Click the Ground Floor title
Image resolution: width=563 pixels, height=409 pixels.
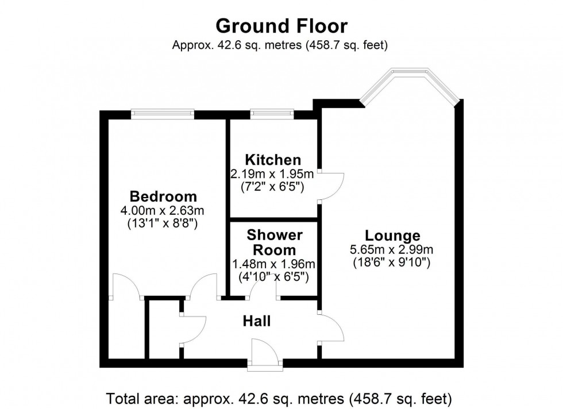(x=281, y=26)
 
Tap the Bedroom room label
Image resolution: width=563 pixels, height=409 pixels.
(x=163, y=196)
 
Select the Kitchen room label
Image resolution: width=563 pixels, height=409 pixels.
(x=273, y=160)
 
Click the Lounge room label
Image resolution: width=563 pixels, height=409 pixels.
(x=392, y=236)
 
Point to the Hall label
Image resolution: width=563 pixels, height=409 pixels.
(x=257, y=321)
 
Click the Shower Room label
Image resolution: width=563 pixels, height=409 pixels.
(x=274, y=242)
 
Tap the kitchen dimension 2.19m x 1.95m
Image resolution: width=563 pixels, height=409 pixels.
(x=273, y=173)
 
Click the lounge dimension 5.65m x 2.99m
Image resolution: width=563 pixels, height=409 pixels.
(x=392, y=249)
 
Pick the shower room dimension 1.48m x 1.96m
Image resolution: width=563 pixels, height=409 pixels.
(x=274, y=264)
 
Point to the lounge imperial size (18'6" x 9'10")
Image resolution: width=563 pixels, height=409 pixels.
(x=392, y=263)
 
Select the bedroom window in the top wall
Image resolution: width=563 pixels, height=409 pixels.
(x=163, y=114)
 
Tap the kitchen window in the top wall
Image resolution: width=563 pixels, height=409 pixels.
(x=272, y=114)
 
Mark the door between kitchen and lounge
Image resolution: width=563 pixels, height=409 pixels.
(x=332, y=186)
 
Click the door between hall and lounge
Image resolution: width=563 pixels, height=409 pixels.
(x=331, y=329)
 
